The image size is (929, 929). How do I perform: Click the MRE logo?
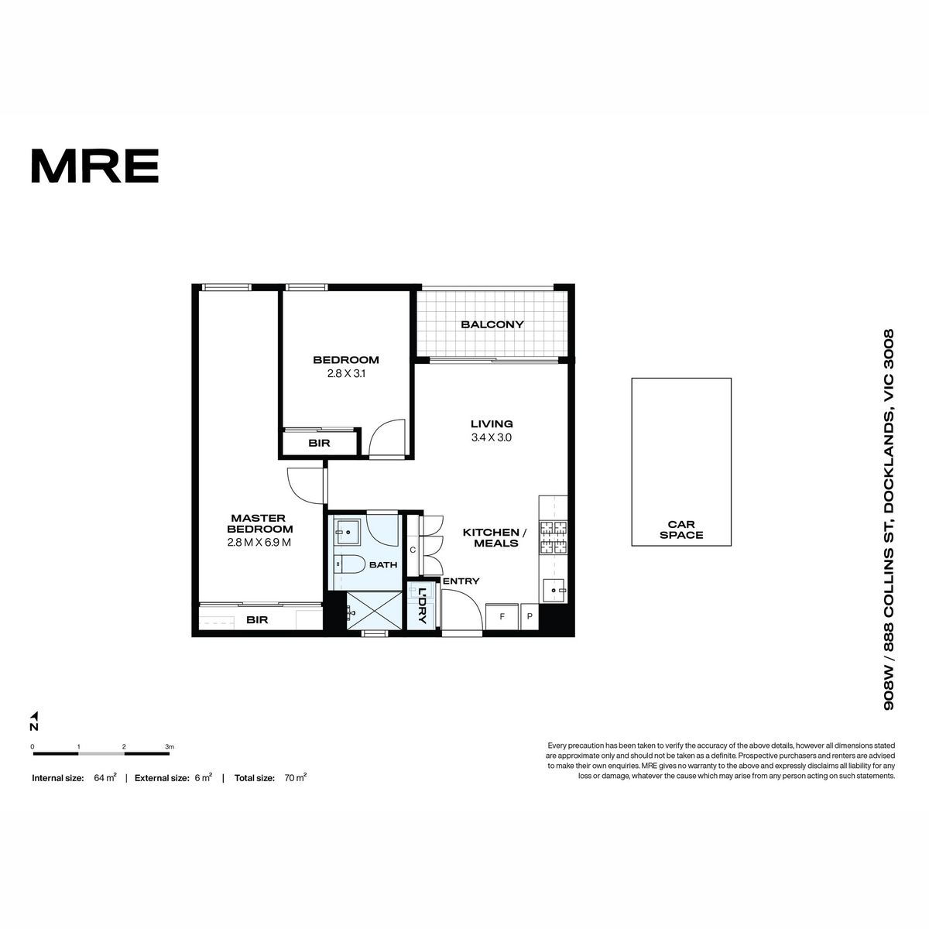[95, 166]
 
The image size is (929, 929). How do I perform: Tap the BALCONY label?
[492, 324]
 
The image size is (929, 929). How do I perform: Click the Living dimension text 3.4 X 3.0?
[492, 437]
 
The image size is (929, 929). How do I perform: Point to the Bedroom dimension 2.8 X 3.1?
[346, 373]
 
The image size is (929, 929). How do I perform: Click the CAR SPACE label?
[680, 530]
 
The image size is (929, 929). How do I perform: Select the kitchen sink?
[554, 590]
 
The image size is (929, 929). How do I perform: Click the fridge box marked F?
[502, 616]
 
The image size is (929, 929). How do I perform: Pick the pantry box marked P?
[530, 616]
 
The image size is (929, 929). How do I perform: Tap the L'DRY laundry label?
[423, 606]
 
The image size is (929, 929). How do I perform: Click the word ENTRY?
[461, 581]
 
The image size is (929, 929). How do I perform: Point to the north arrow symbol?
[34, 715]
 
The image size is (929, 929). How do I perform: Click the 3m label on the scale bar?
[170, 747]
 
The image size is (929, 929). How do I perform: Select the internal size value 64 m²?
[105, 777]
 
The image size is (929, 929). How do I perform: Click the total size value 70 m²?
[296, 777]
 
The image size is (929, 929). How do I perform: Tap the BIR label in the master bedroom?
[257, 619]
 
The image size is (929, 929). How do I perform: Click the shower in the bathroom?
[374, 610]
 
